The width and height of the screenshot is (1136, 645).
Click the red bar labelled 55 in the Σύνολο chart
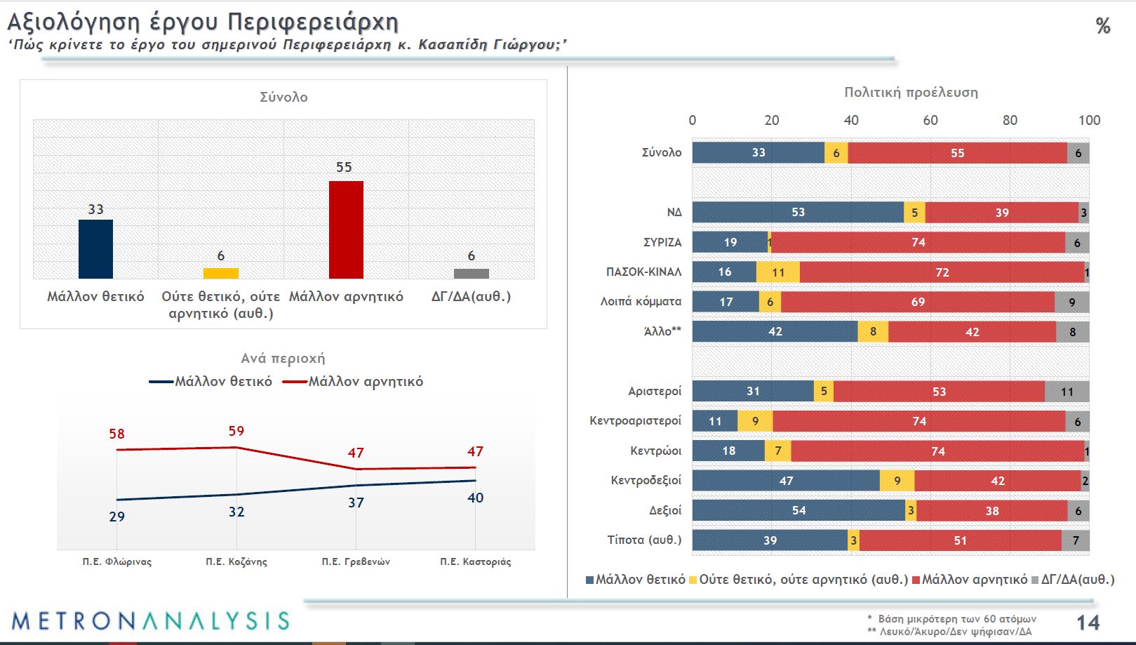(x=346, y=230)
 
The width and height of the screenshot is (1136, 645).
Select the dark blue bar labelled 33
(x=95, y=249)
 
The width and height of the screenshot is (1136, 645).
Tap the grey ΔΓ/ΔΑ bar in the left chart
(x=471, y=273)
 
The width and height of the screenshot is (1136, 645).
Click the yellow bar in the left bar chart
(x=220, y=273)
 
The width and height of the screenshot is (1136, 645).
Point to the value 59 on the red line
(x=236, y=432)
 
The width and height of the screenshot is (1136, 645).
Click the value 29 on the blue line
(x=117, y=517)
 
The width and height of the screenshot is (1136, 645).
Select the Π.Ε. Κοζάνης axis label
(x=236, y=561)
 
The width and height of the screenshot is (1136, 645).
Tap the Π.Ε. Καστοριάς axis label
(x=475, y=561)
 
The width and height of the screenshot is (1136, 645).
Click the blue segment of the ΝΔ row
(x=798, y=213)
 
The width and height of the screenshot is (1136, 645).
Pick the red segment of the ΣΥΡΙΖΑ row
(x=918, y=242)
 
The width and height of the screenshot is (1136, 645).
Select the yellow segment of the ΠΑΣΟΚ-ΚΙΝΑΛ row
(x=778, y=272)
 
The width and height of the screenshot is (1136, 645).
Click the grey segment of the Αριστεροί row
(x=1067, y=392)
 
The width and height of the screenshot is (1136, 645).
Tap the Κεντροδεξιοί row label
(x=646, y=481)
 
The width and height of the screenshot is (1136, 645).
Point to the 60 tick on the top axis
(x=930, y=120)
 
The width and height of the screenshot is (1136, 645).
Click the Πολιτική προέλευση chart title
(x=911, y=93)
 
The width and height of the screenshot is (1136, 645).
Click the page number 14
(x=1088, y=623)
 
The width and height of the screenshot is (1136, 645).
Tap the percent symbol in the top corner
(x=1103, y=27)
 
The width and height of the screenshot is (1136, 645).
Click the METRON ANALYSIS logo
(x=150, y=621)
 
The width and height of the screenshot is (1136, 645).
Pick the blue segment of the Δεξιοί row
(x=798, y=511)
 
